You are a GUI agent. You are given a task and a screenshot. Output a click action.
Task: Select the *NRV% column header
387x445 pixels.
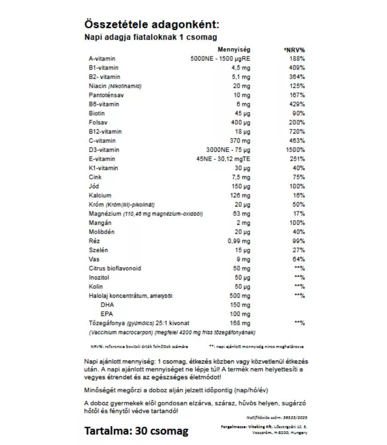(x=294, y=49)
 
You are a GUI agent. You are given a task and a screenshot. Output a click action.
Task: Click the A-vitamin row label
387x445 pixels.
(x=102, y=59)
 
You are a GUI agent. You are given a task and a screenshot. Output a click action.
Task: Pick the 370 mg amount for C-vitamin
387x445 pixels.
(x=241, y=141)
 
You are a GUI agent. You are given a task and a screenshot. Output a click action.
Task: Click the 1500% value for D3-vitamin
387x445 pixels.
(x=294, y=150)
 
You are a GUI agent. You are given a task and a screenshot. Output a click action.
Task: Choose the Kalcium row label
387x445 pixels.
(x=100, y=195)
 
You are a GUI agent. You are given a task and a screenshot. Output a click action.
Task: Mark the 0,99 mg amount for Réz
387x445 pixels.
(x=240, y=241)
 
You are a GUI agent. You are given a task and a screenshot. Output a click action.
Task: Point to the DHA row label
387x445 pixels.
(x=107, y=305)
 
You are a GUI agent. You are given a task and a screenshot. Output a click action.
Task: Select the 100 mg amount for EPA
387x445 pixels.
(x=241, y=314)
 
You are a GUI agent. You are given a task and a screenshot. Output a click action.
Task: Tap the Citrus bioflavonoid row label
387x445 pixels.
(x=115, y=268)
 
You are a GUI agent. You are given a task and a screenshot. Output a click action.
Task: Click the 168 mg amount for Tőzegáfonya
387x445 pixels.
(x=241, y=323)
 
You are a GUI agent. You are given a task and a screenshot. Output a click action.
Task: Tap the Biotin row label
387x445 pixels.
(x=97, y=113)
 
